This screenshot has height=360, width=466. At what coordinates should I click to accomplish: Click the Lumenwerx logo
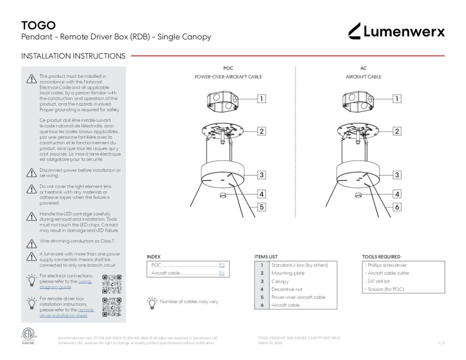pyautogui.click(x=396, y=31)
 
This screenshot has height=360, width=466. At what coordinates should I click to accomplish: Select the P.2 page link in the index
pyautogui.click(x=222, y=265)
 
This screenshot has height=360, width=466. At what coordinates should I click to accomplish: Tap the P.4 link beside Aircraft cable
pyautogui.click(x=222, y=273)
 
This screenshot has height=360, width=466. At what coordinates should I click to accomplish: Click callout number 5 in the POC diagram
pyautogui.click(x=262, y=207)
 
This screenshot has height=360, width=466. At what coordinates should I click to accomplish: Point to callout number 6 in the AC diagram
pyautogui.click(x=397, y=207)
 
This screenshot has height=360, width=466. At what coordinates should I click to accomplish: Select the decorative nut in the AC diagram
pyautogui.click(x=358, y=195)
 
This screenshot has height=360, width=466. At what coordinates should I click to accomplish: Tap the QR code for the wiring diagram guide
pyautogui.click(x=112, y=284)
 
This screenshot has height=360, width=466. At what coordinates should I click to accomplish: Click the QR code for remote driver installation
pyautogui.click(x=112, y=307)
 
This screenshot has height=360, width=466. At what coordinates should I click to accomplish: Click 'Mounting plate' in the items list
pyautogui.click(x=288, y=273)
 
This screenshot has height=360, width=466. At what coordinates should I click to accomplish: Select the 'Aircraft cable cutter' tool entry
pyautogui.click(x=389, y=273)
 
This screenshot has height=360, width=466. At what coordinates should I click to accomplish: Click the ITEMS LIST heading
pyautogui.click(x=266, y=257)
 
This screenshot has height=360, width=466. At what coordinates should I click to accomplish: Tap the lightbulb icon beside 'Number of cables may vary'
pyautogui.click(x=152, y=303)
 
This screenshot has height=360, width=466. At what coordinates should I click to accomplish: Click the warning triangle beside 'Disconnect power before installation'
pyautogui.click(x=31, y=172)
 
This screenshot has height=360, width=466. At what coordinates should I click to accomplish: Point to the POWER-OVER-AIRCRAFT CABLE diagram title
pyautogui.click(x=228, y=77)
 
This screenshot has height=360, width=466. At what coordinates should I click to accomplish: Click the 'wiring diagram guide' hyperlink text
pyautogui.click(x=66, y=284)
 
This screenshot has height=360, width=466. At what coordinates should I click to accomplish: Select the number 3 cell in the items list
pyautogui.click(x=262, y=281)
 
